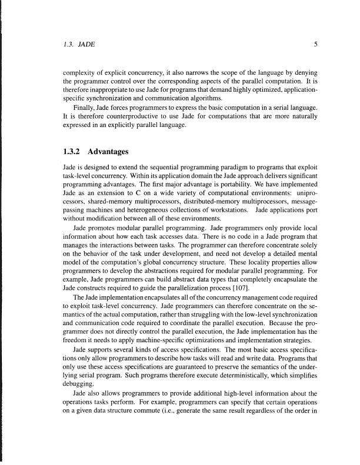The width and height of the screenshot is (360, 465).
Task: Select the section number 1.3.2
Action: click(76, 153)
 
